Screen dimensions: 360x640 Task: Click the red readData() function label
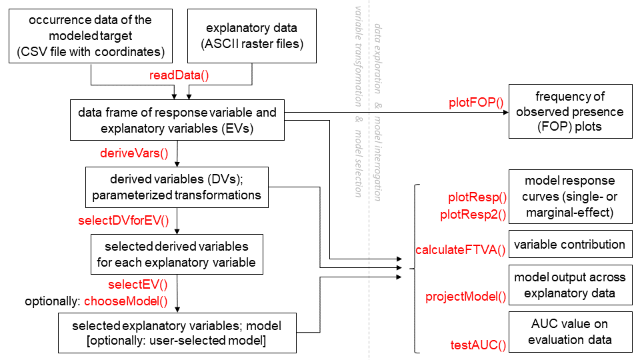[179, 75]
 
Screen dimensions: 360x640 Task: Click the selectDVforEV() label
[123, 220]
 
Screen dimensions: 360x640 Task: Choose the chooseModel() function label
[126, 301]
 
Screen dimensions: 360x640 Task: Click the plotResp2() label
[473, 215]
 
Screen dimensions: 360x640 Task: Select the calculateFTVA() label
[461, 250]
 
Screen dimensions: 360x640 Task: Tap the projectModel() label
[466, 297]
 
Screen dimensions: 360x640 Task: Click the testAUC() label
[479, 345]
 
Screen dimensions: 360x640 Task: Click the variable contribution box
[569, 244]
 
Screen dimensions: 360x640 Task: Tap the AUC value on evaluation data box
[569, 331]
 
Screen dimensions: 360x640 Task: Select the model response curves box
[569, 197]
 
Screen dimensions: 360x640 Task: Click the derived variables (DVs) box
[177, 187]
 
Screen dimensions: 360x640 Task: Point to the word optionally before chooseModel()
[53, 301]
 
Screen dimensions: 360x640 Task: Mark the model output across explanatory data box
[569, 285]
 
